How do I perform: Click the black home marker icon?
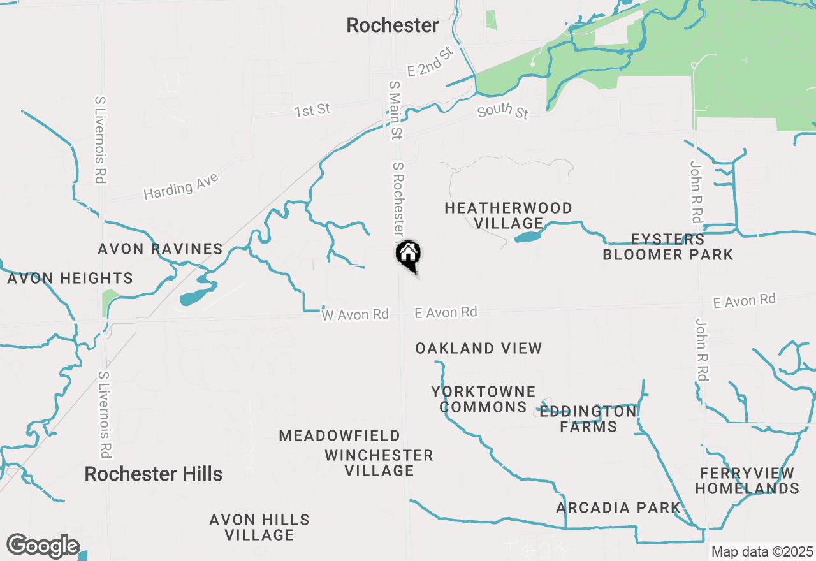pyautogui.click(x=409, y=255)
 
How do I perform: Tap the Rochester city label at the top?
pyautogui.click(x=393, y=25)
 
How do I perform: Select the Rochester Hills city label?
pyautogui.click(x=154, y=474)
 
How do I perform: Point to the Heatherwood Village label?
pyautogui.click(x=508, y=215)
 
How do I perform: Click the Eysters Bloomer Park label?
pyautogui.click(x=667, y=247)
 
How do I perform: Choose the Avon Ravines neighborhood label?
pyautogui.click(x=160, y=249)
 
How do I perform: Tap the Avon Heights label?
pyautogui.click(x=70, y=279)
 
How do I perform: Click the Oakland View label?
pyautogui.click(x=478, y=348)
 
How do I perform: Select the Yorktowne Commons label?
pyautogui.click(x=483, y=399)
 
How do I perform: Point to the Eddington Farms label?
pyautogui.click(x=588, y=419)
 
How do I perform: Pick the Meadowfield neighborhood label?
pyautogui.click(x=339, y=436)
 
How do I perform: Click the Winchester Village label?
pyautogui.click(x=379, y=463)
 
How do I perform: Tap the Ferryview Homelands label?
pyautogui.click(x=747, y=481)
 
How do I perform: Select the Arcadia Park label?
pyautogui.click(x=618, y=508)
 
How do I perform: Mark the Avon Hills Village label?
pyautogui.click(x=259, y=527)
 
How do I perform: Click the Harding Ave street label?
pyautogui.click(x=181, y=186)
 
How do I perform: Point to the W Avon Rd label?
pyautogui.click(x=355, y=314)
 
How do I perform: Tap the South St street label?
pyautogui.click(x=503, y=112)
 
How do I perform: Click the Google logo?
pyautogui.click(x=43, y=546)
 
